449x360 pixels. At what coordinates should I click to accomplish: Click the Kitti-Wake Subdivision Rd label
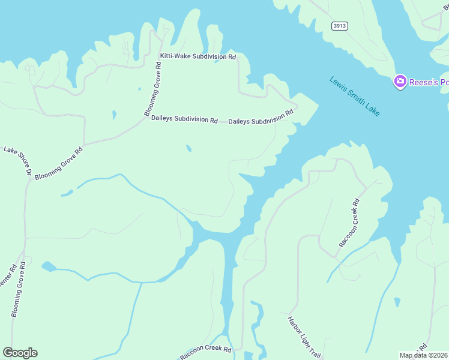point(197,56)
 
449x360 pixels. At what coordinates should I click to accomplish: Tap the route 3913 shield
point(340,26)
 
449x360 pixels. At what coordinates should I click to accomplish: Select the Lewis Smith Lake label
point(354,96)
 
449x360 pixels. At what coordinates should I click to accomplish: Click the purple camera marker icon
point(400,82)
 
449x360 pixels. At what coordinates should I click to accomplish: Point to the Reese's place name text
point(429,82)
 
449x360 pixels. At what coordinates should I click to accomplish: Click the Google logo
point(20,353)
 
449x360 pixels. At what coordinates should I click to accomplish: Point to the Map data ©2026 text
point(423,355)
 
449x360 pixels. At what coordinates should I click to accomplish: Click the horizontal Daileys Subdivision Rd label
point(184,119)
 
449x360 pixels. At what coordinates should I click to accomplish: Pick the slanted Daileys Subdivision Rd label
point(261,117)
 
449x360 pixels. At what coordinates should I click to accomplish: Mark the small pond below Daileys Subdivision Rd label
point(189,148)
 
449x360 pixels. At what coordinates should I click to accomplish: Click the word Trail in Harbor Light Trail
point(313,349)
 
